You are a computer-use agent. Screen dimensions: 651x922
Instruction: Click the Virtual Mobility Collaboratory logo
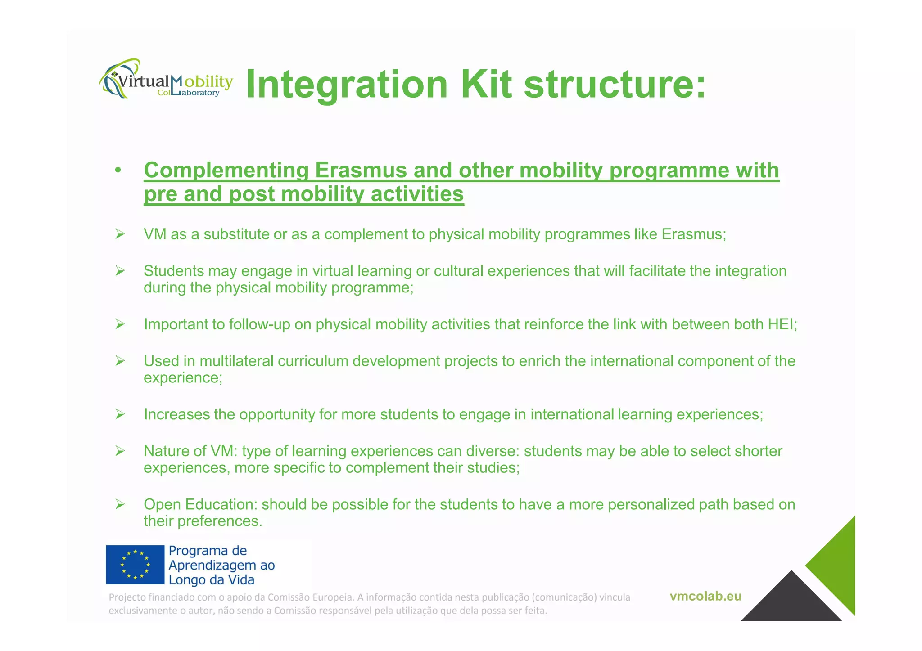[166, 80]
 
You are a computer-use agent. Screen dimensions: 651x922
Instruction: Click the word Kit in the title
[486, 84]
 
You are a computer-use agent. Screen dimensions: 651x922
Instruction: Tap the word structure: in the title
[615, 84]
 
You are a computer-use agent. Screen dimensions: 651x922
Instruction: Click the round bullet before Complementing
[118, 171]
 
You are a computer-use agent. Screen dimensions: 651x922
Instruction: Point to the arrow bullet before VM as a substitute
[120, 234]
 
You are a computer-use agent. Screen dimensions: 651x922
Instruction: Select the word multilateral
[236, 361]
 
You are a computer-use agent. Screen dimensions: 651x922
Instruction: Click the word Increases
[176, 414]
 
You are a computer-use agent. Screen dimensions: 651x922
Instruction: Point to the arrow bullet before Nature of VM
[120, 451]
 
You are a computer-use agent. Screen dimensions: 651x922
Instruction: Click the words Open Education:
[201, 504]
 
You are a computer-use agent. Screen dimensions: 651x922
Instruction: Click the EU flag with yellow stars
[135, 565]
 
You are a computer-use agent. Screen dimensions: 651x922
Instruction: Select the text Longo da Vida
[211, 580]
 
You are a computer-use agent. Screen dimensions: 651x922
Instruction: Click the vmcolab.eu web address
[705, 597]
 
